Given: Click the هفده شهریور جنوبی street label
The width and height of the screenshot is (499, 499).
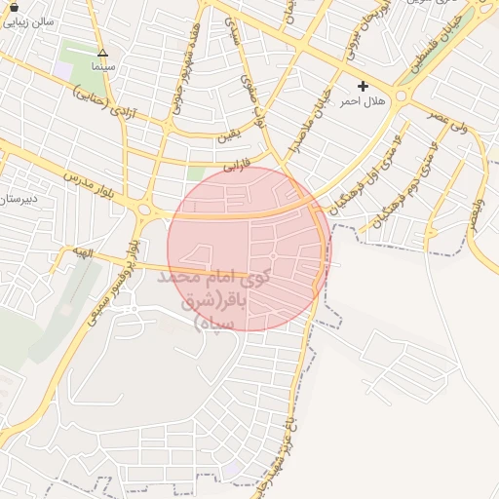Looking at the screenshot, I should [186, 71].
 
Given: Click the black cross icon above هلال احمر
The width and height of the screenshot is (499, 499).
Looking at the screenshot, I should [363, 87].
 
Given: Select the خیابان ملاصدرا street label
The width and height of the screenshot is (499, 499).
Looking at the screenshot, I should [309, 121].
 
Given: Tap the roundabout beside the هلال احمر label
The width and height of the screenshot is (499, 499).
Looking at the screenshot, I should [403, 97].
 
